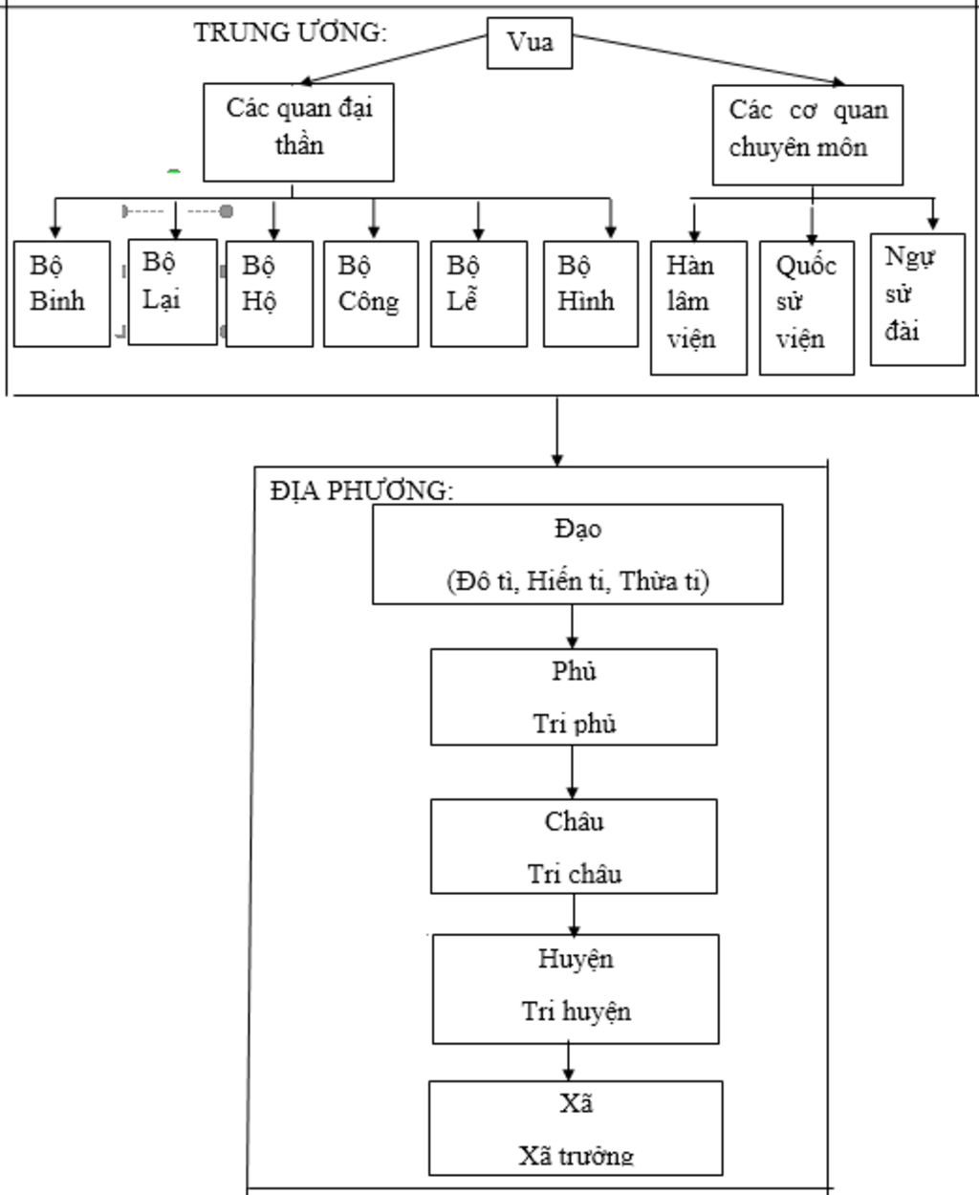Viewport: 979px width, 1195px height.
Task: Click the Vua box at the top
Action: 530,43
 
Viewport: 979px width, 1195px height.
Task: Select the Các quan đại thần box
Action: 298,132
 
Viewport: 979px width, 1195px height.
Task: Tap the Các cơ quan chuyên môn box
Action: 808,135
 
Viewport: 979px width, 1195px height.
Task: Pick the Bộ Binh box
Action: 61,293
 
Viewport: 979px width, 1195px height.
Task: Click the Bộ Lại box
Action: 172,291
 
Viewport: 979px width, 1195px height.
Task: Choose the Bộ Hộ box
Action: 269,293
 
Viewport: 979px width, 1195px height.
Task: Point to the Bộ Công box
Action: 370,293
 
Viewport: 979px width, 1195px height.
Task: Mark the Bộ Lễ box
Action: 478,293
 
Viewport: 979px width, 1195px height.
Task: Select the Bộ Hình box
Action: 590,293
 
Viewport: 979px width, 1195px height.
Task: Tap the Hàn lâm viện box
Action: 698,307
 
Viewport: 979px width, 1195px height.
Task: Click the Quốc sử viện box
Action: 807,307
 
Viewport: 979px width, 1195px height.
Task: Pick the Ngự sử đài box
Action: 917,298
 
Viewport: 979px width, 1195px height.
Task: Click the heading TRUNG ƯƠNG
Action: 291,33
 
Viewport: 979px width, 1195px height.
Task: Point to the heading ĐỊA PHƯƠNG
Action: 361,490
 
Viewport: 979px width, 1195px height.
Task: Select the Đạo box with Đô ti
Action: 577,554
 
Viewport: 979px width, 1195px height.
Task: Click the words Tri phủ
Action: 575,724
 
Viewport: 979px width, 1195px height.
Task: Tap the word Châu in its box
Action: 575,821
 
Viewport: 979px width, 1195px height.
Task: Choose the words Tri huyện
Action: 577,1011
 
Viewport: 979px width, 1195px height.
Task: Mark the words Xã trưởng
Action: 577,1156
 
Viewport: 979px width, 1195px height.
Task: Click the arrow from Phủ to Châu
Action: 573,771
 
